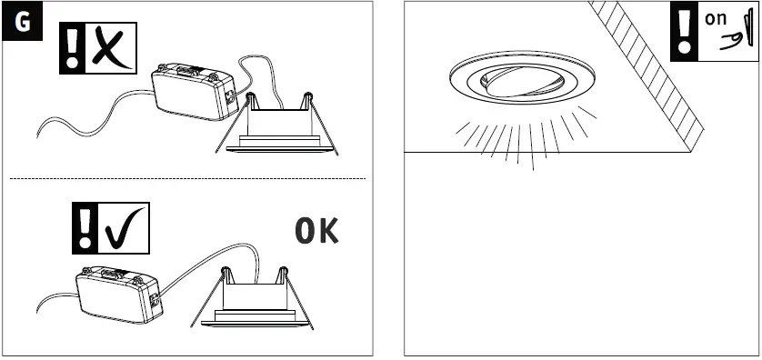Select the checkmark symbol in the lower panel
pyautogui.click(x=125, y=229)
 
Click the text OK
pyautogui.click(x=317, y=232)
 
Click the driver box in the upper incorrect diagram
pyautogui.click(x=192, y=91)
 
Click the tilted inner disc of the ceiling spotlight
pyautogui.click(x=523, y=81)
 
